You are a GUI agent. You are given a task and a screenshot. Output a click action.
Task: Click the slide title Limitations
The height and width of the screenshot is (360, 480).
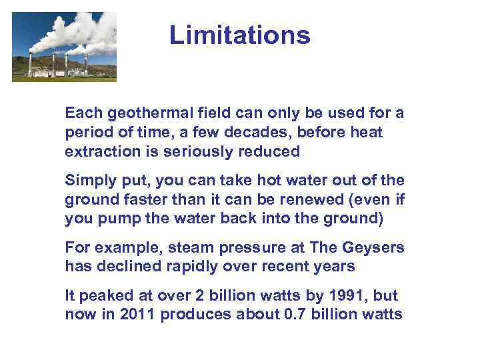tap(239, 35)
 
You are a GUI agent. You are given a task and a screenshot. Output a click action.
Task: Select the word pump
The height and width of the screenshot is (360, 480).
tap(116, 218)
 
